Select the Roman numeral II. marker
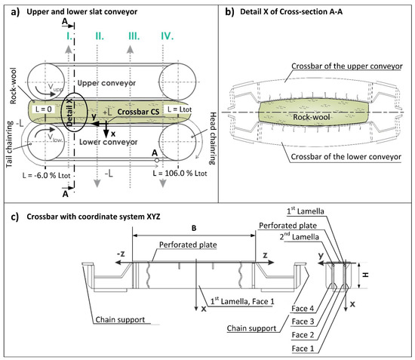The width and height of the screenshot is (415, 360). [x=100, y=35]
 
